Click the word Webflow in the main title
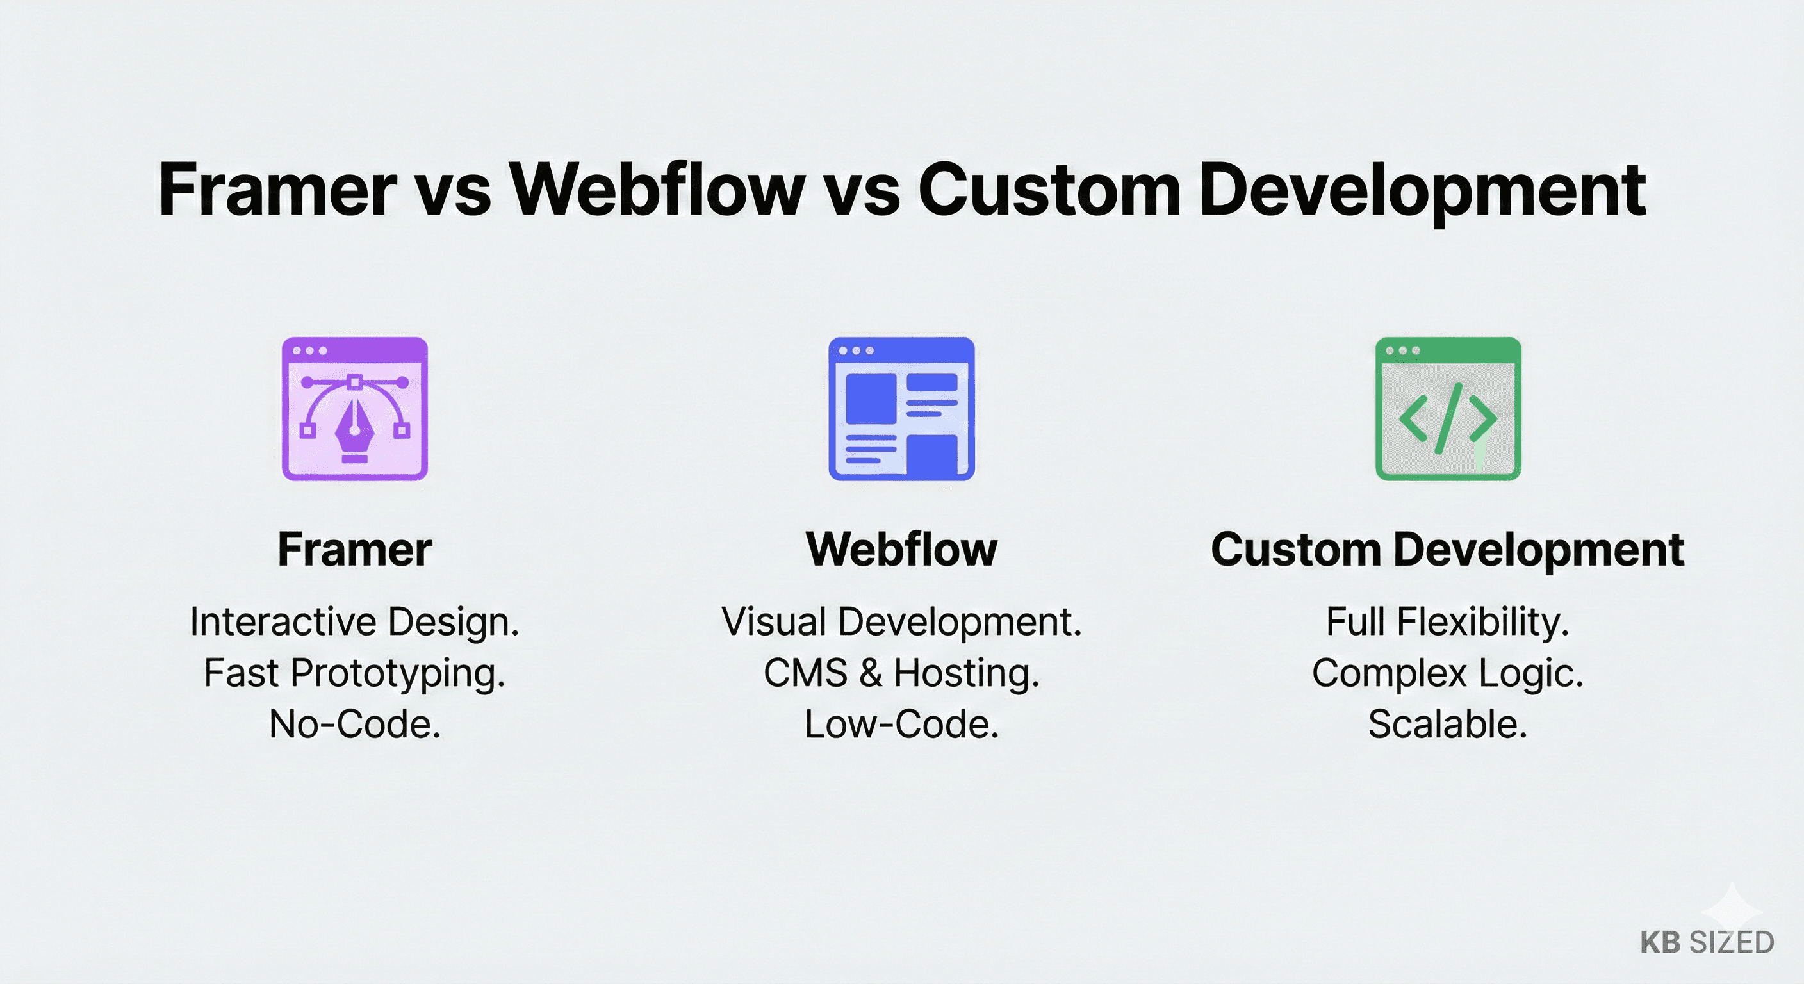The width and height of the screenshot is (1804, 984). pyautogui.click(x=657, y=190)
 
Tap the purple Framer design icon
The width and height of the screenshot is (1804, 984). pyautogui.click(x=354, y=409)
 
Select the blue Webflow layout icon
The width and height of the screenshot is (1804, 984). pyautogui.click(x=901, y=409)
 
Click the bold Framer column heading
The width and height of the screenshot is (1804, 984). pyautogui.click(x=354, y=549)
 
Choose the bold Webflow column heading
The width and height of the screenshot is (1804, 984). pyautogui.click(x=901, y=549)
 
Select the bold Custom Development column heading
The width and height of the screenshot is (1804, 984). pyautogui.click(x=1448, y=549)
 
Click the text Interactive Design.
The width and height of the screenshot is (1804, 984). pyautogui.click(x=354, y=622)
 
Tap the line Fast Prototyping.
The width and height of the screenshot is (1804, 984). pyautogui.click(x=354, y=673)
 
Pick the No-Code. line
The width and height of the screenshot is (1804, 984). pyautogui.click(x=354, y=724)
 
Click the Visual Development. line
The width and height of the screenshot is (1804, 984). pyautogui.click(x=901, y=622)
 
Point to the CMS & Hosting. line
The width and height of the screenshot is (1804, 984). pyautogui.click(x=901, y=673)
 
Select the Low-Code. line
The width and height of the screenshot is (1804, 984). pyautogui.click(x=901, y=724)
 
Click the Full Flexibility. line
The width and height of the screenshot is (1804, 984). pyautogui.click(x=1448, y=622)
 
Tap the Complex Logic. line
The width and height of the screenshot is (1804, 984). pyautogui.click(x=1448, y=673)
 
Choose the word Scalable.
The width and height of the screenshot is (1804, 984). pyautogui.click(x=1448, y=724)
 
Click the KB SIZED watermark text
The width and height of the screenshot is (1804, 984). pyautogui.click(x=1707, y=942)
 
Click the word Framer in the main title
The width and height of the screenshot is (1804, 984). pyautogui.click(x=277, y=190)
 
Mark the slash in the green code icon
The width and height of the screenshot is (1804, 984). pyautogui.click(x=1448, y=418)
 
